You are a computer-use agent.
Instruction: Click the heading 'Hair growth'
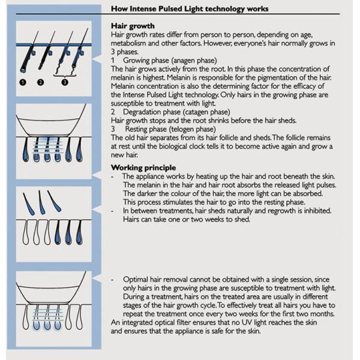point(133,26)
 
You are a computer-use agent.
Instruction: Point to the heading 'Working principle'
point(143,167)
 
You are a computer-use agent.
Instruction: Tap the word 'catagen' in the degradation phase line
point(203,112)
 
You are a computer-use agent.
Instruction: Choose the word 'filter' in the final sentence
point(190,322)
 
